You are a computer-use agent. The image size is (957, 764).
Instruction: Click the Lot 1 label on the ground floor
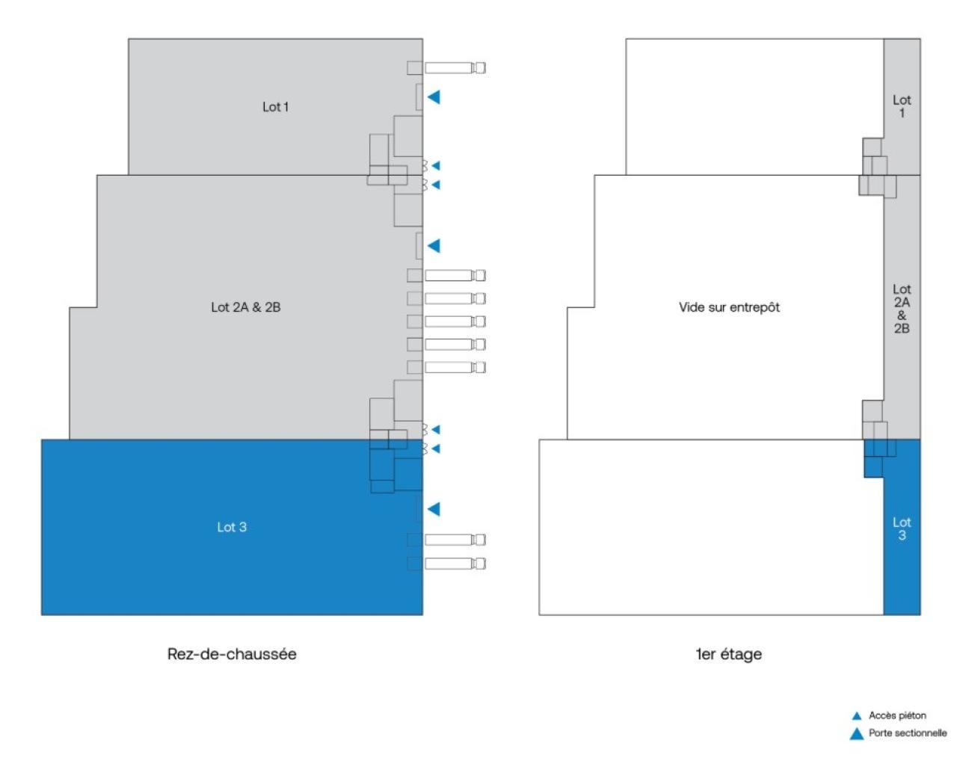pos(275,107)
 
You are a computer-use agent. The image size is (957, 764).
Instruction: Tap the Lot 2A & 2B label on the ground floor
pos(245,307)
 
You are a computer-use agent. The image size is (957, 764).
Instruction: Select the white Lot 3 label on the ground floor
pos(232,527)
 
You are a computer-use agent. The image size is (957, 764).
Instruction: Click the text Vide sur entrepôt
pos(729,307)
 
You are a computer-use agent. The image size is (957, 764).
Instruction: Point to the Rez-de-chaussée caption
pos(232,654)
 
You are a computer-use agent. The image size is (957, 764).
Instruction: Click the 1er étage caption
pos(728,654)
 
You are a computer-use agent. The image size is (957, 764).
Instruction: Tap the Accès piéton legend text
pos(897,715)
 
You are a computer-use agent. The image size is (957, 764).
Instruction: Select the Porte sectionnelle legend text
pos(907,733)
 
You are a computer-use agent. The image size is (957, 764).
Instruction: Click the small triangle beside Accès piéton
pos(857,716)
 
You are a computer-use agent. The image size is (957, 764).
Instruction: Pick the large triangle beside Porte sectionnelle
pos(857,733)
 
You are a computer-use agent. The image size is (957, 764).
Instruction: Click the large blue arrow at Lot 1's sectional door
pos(434,96)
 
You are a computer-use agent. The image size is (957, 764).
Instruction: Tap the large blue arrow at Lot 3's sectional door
pos(434,509)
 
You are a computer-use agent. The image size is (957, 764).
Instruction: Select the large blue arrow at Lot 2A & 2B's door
pos(434,245)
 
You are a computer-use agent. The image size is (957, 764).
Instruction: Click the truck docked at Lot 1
pos(455,68)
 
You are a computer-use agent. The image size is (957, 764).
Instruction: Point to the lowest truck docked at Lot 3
pos(455,563)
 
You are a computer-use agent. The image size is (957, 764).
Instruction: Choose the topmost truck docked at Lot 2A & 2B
pos(455,275)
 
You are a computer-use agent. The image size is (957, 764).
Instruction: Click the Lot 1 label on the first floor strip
pos(902,106)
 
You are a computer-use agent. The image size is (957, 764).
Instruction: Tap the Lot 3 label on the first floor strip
pos(902,529)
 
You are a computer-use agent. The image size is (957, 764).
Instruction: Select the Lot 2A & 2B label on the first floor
pos(902,308)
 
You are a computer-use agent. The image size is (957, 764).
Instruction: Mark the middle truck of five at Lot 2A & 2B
pos(455,321)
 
